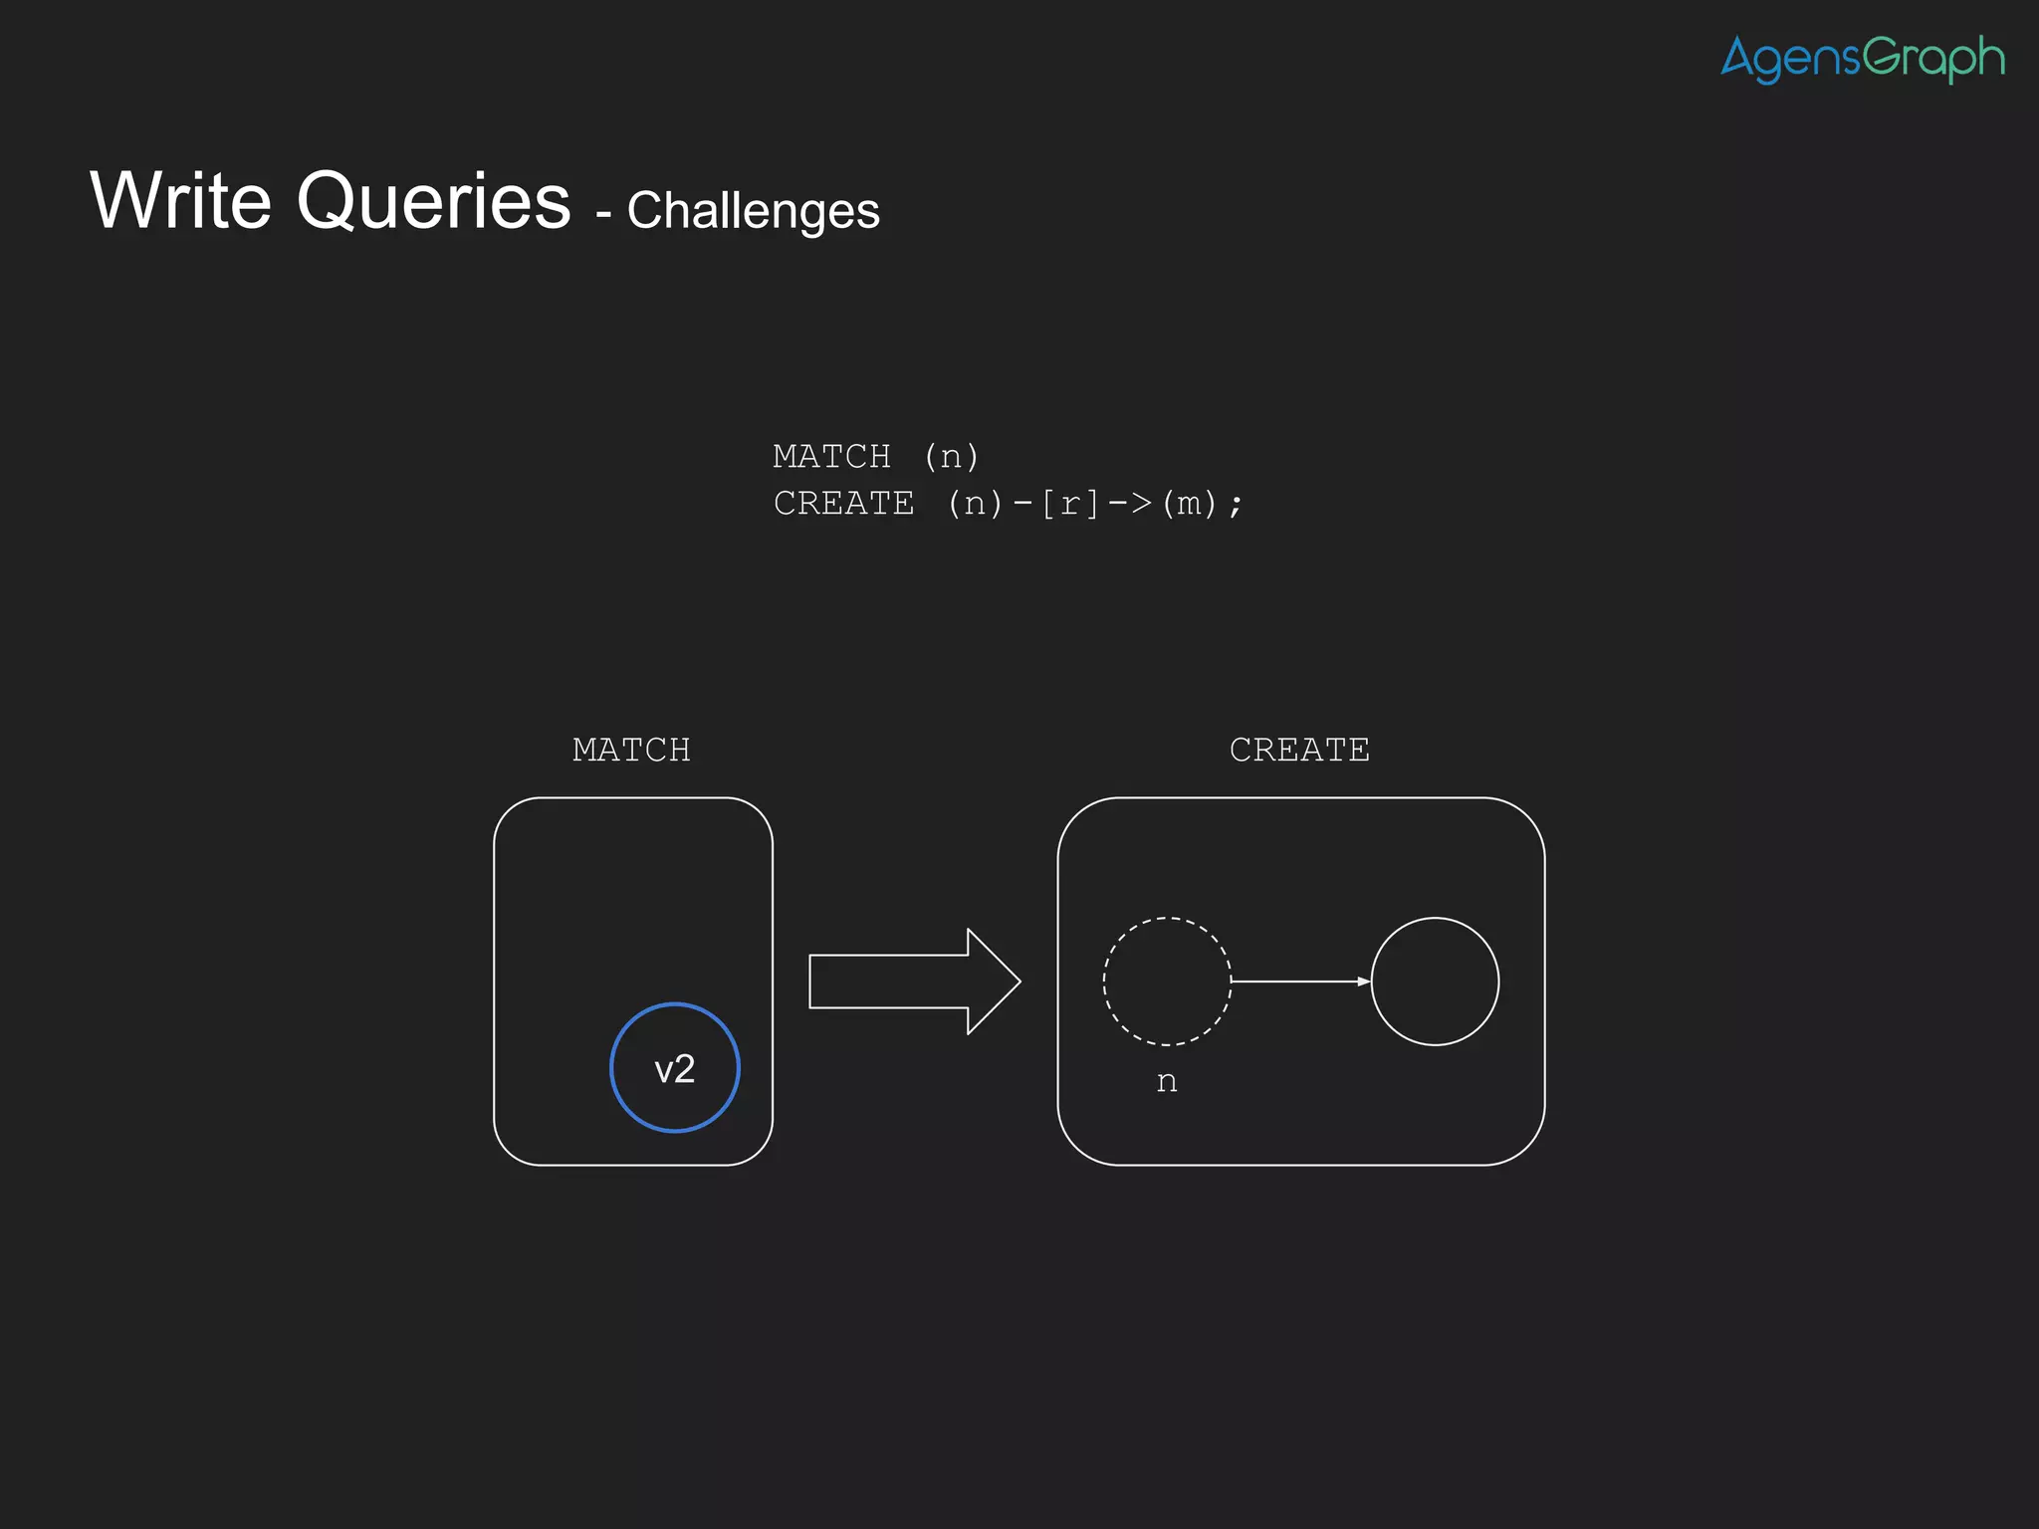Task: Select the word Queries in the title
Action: [433, 202]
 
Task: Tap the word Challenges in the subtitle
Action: [753, 211]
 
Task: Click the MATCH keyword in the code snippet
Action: [831, 457]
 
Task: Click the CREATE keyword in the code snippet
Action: [843, 504]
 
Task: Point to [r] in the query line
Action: [1069, 504]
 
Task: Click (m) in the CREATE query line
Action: [1189, 504]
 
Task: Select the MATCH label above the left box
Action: [631, 750]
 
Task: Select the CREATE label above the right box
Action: [1299, 750]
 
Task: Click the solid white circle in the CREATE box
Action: [1435, 982]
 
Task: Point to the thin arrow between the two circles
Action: [1300, 982]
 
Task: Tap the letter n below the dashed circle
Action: [1167, 1082]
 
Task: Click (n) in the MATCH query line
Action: [951, 457]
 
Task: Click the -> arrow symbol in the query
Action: [1129, 504]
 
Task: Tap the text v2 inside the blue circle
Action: [674, 1070]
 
